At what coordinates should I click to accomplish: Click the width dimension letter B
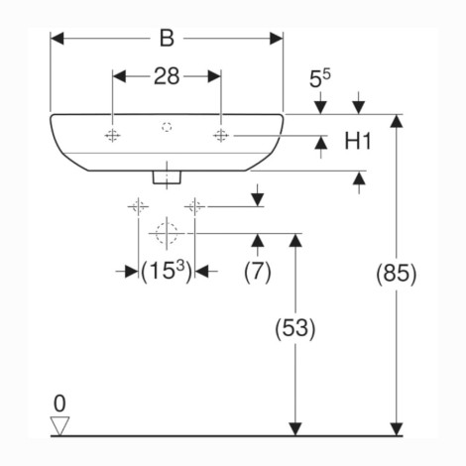(167, 39)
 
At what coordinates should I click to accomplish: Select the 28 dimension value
(167, 76)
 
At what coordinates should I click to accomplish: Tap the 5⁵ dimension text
(319, 79)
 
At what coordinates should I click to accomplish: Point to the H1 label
(358, 141)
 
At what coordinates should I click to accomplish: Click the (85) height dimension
(397, 274)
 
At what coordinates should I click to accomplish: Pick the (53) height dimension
(295, 328)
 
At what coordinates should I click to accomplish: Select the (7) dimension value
(258, 272)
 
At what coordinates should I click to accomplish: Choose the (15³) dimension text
(167, 272)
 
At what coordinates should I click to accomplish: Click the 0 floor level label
(59, 404)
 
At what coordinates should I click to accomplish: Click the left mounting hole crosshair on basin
(112, 136)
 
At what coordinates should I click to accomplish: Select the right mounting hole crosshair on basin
(221, 135)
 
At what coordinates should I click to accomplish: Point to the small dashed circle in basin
(167, 127)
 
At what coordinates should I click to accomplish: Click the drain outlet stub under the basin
(167, 176)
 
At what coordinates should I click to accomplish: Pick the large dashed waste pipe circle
(167, 233)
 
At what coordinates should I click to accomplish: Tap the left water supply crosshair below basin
(138, 207)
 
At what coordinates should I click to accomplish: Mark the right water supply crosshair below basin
(195, 207)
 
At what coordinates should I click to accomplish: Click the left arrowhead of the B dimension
(57, 39)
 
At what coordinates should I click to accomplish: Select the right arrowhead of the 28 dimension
(214, 76)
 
